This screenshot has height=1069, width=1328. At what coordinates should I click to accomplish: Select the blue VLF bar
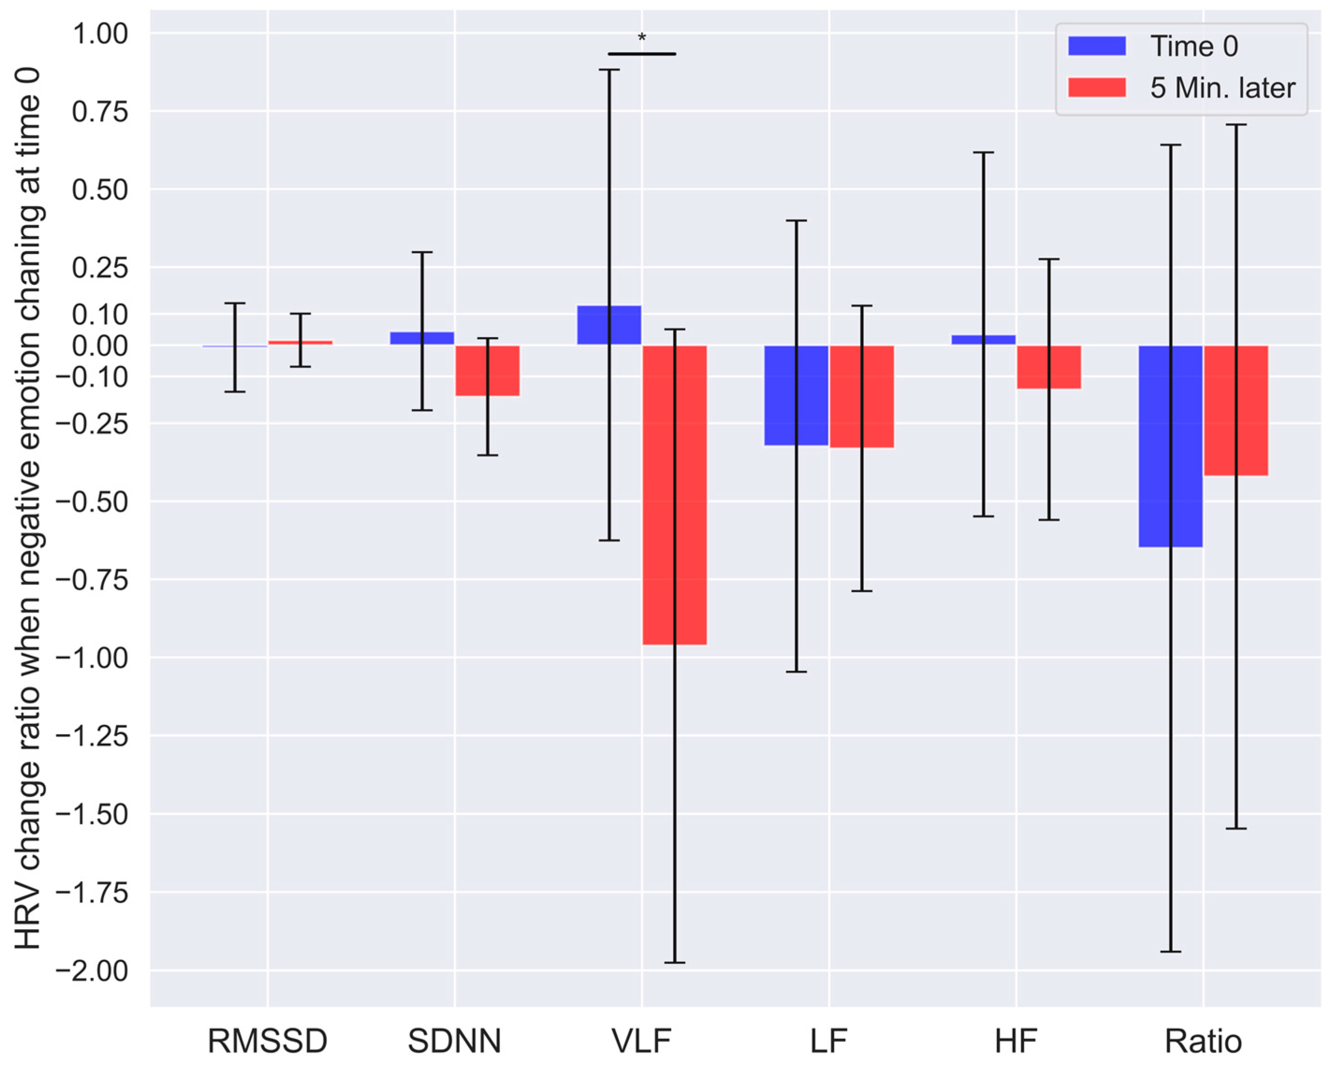pos(609,325)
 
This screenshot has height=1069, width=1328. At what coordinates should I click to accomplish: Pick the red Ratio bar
pos(1235,410)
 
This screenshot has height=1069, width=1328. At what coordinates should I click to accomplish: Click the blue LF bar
pos(796,395)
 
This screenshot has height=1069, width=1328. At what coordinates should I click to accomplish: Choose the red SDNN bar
pos(487,370)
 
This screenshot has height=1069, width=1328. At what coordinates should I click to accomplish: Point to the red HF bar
pos(1048,367)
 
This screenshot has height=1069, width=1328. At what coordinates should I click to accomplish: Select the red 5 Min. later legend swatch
pos(1096,87)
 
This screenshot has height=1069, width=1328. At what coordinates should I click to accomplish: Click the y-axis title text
pos(28,507)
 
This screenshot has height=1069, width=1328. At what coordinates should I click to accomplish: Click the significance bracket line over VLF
pos(641,54)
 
